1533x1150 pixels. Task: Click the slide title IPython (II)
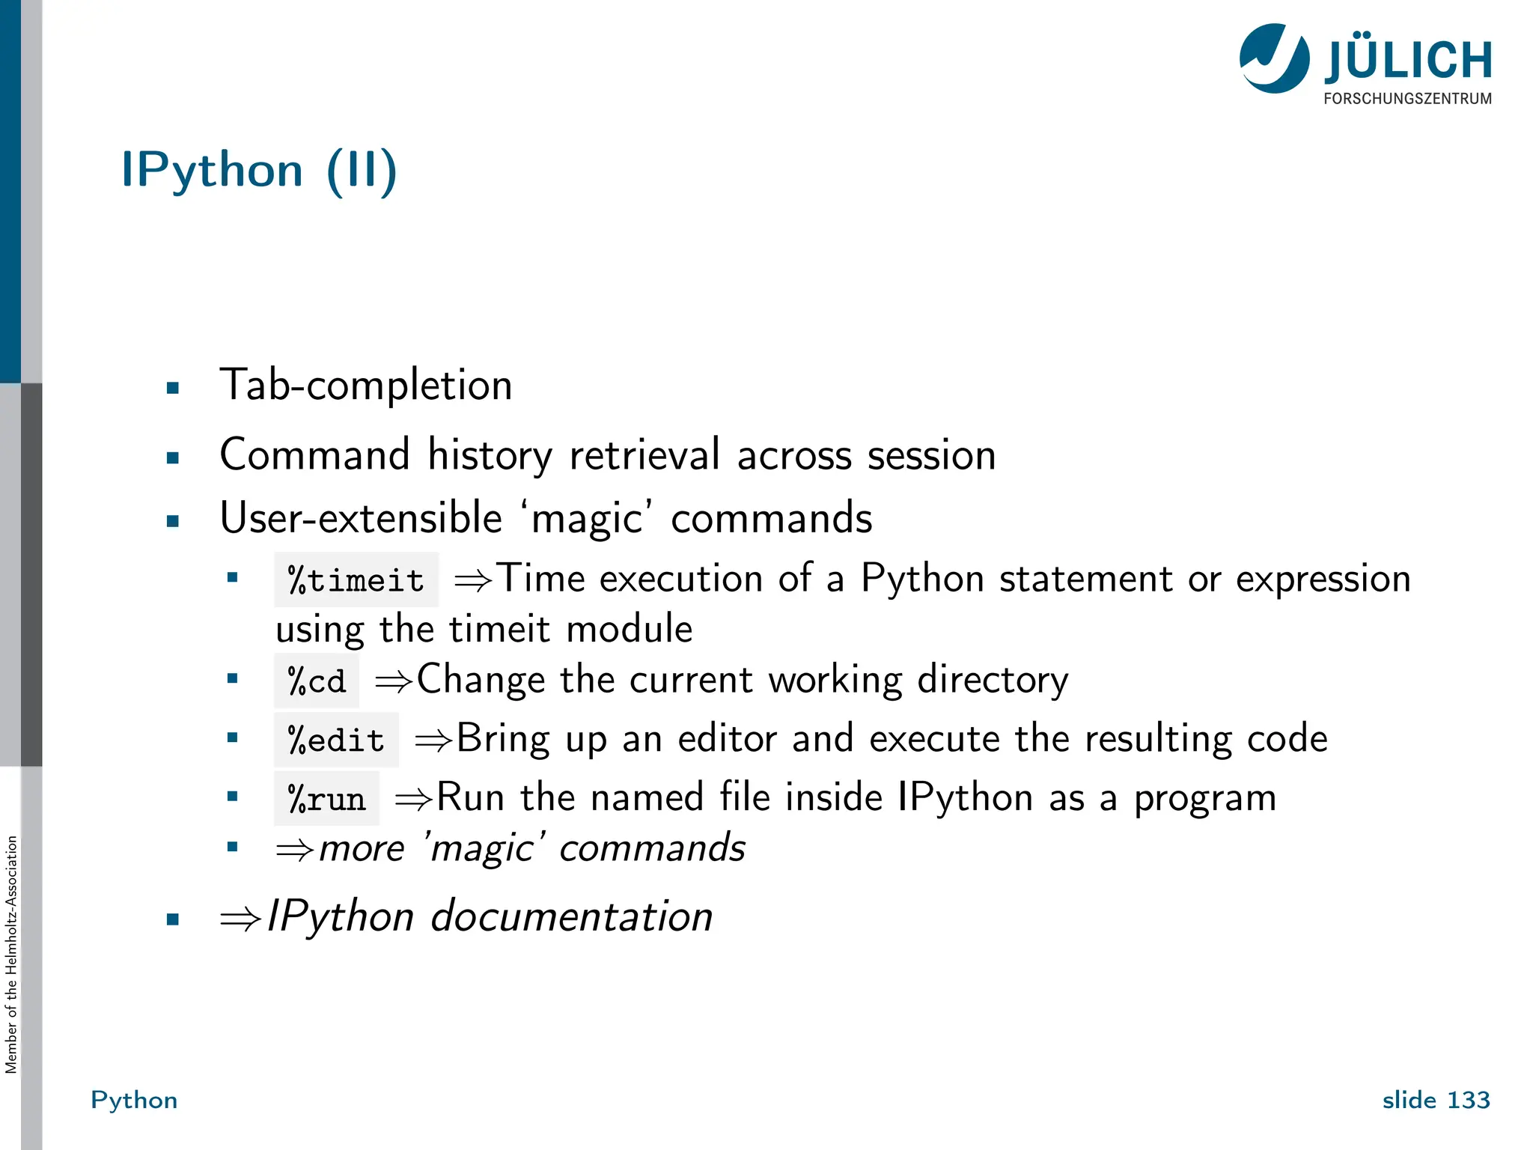(258, 171)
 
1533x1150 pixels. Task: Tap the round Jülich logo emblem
(1274, 58)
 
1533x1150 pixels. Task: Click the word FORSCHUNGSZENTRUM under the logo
(1407, 99)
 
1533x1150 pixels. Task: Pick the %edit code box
(336, 740)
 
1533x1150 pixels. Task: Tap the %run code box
(326, 799)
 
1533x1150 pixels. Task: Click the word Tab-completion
(365, 386)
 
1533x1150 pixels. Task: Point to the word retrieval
(644, 455)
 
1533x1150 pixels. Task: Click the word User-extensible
(361, 518)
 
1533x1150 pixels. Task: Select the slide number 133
(1468, 1100)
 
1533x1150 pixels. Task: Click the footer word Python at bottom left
(134, 1100)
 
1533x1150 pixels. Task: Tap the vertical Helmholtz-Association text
(11, 955)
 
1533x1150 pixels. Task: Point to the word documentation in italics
(571, 916)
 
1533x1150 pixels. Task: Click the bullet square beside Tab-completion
(173, 388)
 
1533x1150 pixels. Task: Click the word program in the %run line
(1204, 798)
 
